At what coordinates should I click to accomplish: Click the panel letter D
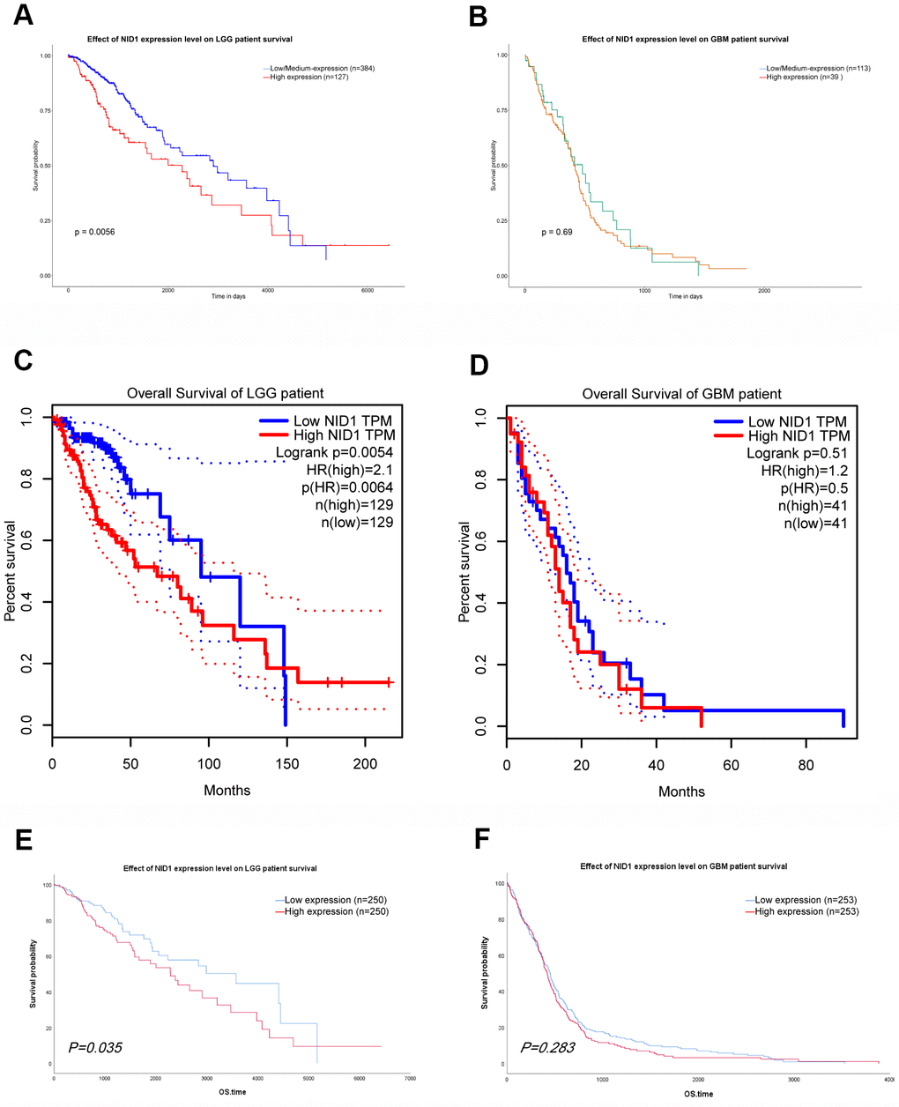click(x=479, y=363)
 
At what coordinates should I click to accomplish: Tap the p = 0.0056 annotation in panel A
click(x=95, y=232)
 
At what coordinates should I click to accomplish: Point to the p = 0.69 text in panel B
click(x=557, y=232)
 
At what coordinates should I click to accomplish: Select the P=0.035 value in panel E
click(x=95, y=1048)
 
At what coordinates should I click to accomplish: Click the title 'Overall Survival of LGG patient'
click(x=225, y=393)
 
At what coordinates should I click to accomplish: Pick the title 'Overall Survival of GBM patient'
click(x=681, y=394)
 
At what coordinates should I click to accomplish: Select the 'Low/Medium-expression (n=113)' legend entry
click(x=818, y=68)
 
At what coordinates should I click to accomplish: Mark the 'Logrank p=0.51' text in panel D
click(x=797, y=453)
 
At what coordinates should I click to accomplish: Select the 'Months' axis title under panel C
click(x=227, y=791)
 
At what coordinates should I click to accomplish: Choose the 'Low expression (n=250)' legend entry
click(x=336, y=900)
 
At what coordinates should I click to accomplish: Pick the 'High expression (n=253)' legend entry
click(x=806, y=911)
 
